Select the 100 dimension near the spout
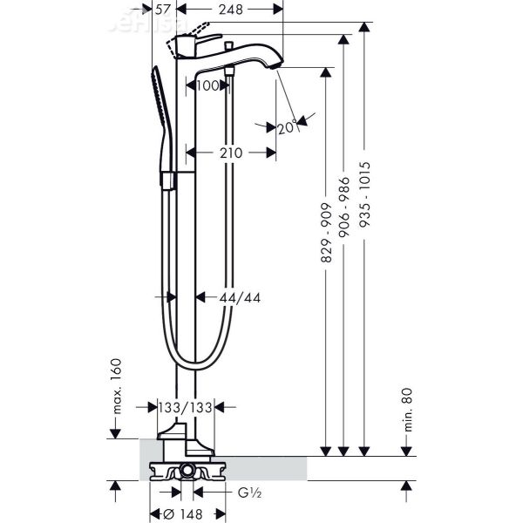(x=207, y=85)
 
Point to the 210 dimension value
(x=230, y=153)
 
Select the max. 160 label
(x=115, y=386)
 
